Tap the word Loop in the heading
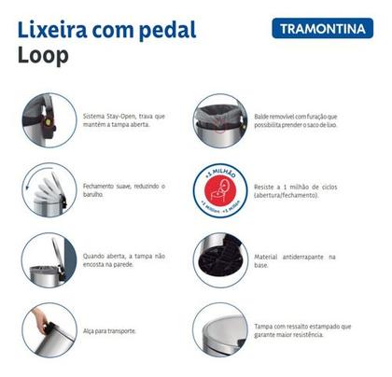click(43, 55)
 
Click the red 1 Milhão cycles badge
click(221, 192)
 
